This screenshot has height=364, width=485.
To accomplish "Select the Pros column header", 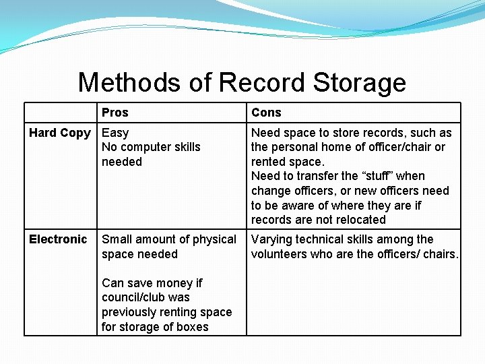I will [x=115, y=113].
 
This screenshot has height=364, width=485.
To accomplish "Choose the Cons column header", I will [x=266, y=113].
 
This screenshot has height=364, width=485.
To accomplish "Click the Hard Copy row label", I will [x=59, y=133].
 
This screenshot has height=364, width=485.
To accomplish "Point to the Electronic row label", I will [x=58, y=239].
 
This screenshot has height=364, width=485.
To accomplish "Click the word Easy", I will [x=115, y=133].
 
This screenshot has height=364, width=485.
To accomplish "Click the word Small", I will [x=117, y=239].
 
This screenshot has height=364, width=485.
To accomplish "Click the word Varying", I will [x=273, y=239].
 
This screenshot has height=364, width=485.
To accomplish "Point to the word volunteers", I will [x=280, y=254].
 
